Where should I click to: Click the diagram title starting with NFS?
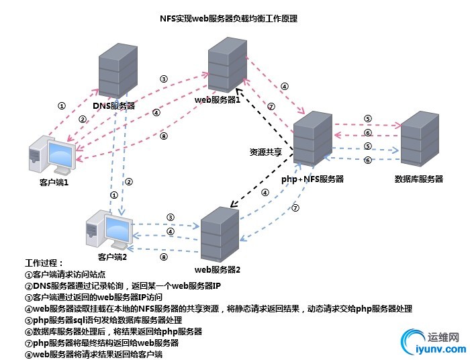(234, 19)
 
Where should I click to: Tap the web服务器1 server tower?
(228, 64)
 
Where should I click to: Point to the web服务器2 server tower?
(220, 234)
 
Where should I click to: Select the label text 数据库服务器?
(420, 179)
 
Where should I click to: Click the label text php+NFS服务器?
(312, 179)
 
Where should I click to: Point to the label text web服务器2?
(218, 270)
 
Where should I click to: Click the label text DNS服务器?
(113, 105)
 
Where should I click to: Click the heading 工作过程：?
(45, 263)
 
